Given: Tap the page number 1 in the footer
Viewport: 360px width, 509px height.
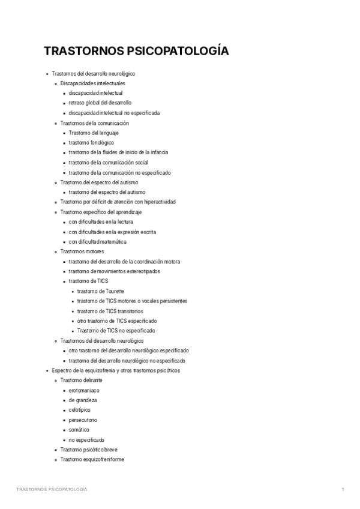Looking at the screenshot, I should [x=342, y=489].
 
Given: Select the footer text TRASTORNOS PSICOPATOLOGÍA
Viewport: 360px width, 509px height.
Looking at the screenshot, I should [x=52, y=489].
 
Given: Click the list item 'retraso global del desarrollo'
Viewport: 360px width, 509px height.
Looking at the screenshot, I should [x=100, y=103].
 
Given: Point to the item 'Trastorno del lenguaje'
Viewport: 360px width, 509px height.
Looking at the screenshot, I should [x=94, y=133].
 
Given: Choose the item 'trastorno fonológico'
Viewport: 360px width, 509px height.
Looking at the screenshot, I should [x=91, y=142].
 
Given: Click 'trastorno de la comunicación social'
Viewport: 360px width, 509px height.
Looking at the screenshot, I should [x=108, y=162].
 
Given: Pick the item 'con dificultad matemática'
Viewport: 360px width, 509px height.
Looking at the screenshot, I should [x=98, y=241].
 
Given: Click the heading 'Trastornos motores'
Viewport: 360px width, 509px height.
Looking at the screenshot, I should [x=82, y=251].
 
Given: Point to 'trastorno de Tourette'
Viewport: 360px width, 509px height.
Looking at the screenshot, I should [x=101, y=291].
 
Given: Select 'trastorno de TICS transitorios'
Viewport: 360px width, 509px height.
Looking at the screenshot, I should [x=110, y=310].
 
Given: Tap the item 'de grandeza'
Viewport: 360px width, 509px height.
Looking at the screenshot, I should [x=83, y=400].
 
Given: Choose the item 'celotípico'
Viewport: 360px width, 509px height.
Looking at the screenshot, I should [x=81, y=410].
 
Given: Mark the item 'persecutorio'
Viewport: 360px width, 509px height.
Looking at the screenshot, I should [x=83, y=420].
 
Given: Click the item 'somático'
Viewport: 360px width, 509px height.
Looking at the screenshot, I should [x=79, y=430].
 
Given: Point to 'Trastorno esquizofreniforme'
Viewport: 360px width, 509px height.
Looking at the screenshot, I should [x=92, y=459].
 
